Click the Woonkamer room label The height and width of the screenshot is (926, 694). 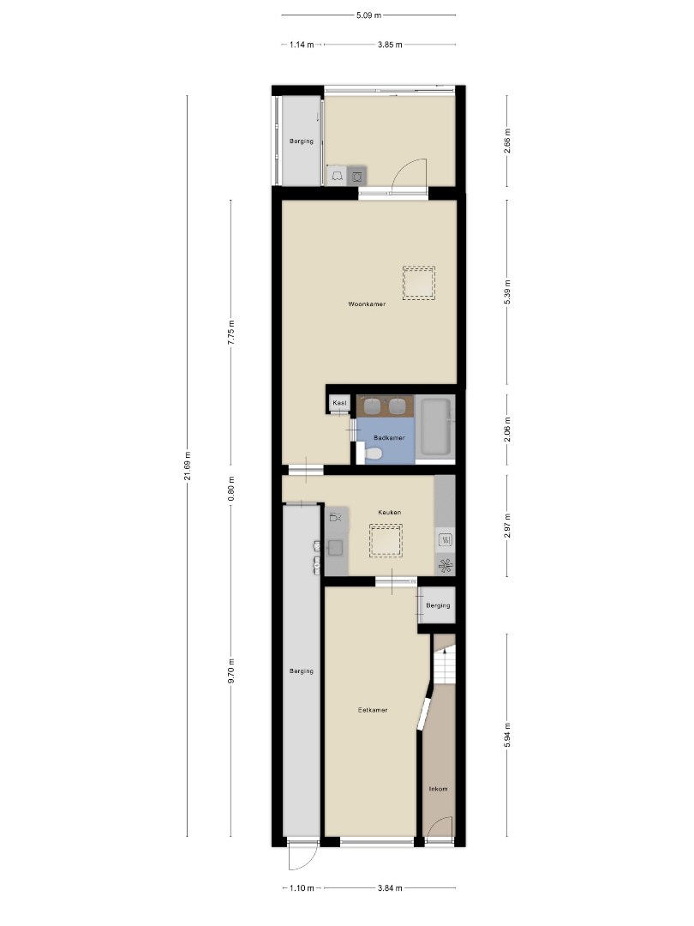367,304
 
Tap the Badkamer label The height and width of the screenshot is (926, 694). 389,438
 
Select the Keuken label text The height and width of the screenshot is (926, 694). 390,512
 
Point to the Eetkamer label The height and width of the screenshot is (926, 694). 373,710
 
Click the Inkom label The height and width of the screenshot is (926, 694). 438,789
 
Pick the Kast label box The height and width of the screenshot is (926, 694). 339,403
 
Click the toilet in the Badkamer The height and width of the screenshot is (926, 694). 372,454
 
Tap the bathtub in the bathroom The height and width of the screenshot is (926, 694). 435,426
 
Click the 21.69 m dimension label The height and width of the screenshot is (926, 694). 188,466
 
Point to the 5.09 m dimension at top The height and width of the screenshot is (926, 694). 368,15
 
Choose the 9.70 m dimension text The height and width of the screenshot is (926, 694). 230,670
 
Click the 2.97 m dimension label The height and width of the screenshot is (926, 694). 507,526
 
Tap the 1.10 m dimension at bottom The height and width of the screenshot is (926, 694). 302,887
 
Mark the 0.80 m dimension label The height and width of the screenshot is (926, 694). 230,489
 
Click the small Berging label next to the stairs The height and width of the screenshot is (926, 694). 438,605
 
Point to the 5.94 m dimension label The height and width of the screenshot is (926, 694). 507,735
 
